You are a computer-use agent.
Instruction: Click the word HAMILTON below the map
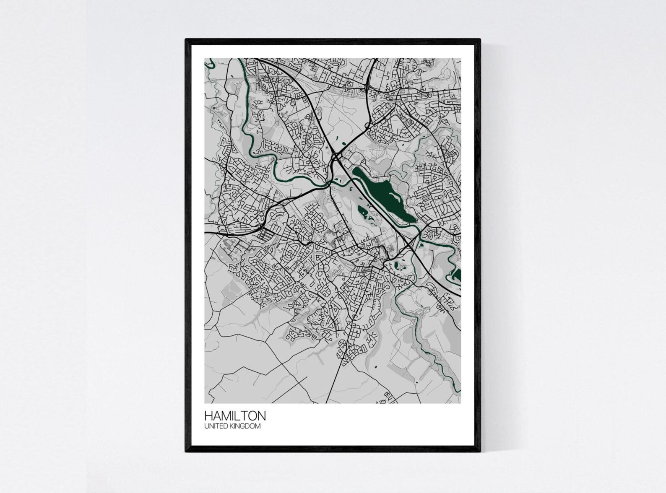235,416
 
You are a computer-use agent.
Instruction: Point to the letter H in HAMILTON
208,416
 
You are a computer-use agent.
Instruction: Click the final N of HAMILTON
262,416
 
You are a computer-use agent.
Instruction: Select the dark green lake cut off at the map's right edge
457,276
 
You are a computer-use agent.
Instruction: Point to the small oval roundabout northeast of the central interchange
368,125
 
